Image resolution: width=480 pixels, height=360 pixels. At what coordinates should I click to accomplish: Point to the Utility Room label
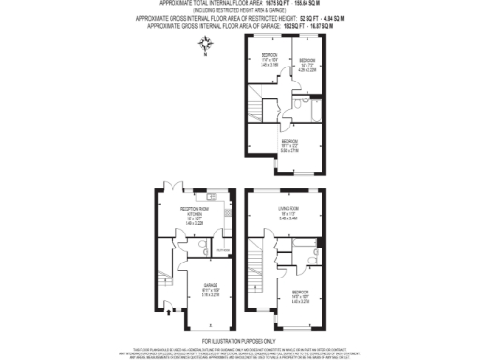coord(222,250)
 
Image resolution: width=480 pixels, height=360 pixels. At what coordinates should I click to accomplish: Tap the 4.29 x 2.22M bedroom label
coord(307,66)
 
